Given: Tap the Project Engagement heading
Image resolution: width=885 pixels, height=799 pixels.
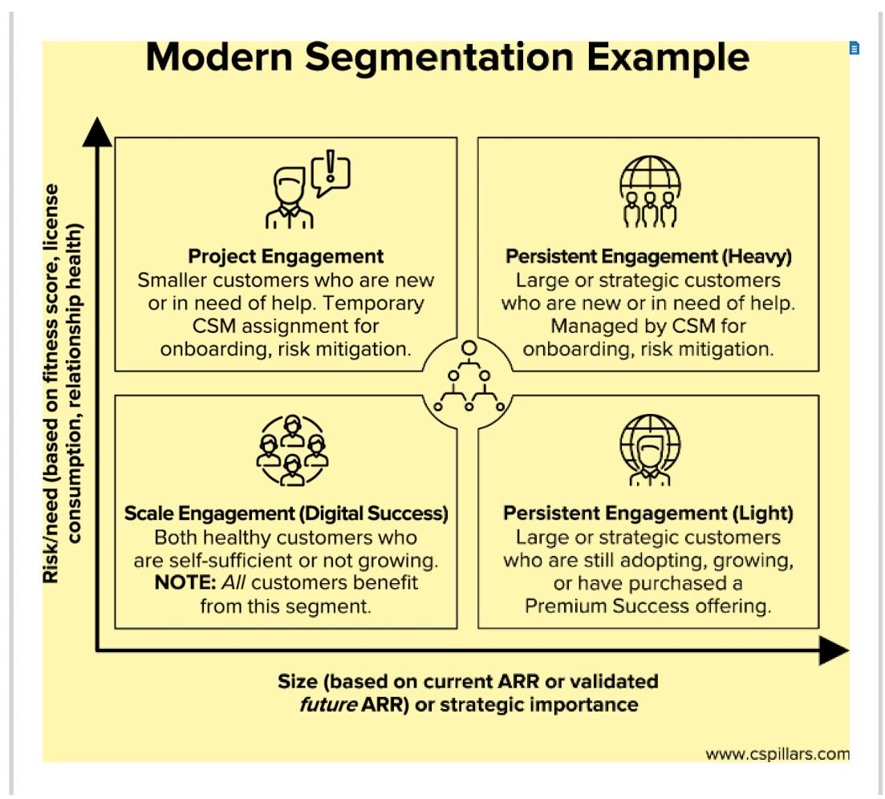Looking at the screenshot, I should [286, 257].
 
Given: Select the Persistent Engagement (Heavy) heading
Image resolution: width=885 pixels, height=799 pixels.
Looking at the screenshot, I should [648, 257].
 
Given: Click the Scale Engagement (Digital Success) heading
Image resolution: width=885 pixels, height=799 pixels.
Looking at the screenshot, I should [286, 513].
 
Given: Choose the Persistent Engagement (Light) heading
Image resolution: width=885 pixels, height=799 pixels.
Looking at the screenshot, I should [648, 513].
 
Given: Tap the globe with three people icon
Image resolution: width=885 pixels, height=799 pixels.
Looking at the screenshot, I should [650, 191].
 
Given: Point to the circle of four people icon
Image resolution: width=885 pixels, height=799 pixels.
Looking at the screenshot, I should [291, 451].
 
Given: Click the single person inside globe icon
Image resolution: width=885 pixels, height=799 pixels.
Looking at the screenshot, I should [650, 449].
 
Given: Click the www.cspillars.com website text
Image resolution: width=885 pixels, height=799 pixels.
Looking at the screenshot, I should [777, 754].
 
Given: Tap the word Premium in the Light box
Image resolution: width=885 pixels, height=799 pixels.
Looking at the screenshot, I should [564, 606].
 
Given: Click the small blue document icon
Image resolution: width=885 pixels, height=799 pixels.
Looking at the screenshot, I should [855, 49].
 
